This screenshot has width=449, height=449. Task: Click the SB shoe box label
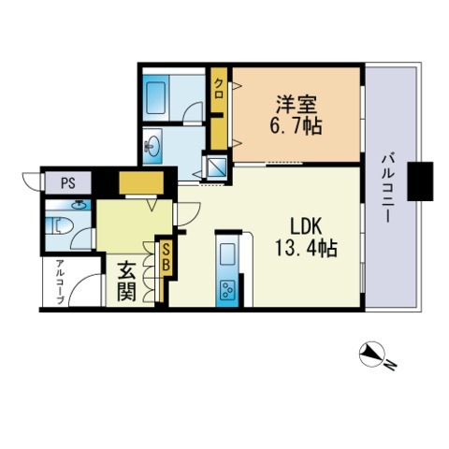(x=166, y=257)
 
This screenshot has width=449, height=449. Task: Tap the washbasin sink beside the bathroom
(x=154, y=147)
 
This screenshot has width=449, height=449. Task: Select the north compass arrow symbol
(x=375, y=354)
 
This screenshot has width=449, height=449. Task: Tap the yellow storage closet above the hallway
(x=141, y=181)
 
